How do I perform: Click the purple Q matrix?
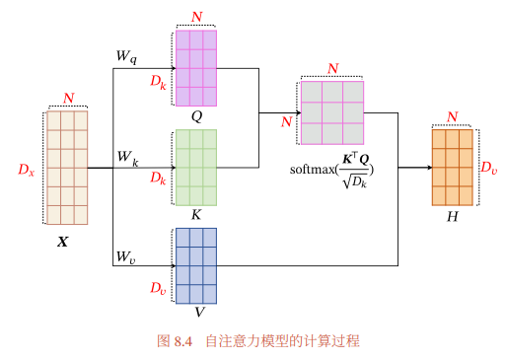coord(196,68)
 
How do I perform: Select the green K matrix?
coord(196,168)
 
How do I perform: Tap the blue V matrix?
coord(196,266)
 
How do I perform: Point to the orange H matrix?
coord(453,168)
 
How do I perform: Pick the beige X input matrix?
coord(67,168)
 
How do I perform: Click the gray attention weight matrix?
coord(332,112)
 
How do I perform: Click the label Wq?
coord(126,57)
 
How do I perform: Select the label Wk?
coord(128,158)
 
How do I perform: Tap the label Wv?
coord(126,256)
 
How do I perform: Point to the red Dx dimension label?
coord(27,170)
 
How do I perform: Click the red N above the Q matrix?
coord(197,17)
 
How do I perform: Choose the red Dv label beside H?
coord(489,168)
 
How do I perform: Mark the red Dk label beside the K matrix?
coord(158,179)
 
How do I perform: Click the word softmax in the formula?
coord(312,170)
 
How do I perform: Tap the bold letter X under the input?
coord(62,242)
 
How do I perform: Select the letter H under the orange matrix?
coord(453,217)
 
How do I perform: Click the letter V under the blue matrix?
coord(199,312)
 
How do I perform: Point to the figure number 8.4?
coord(183,341)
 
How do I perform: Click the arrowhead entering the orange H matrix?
coord(429,168)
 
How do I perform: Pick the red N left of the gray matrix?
coord(287,122)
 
